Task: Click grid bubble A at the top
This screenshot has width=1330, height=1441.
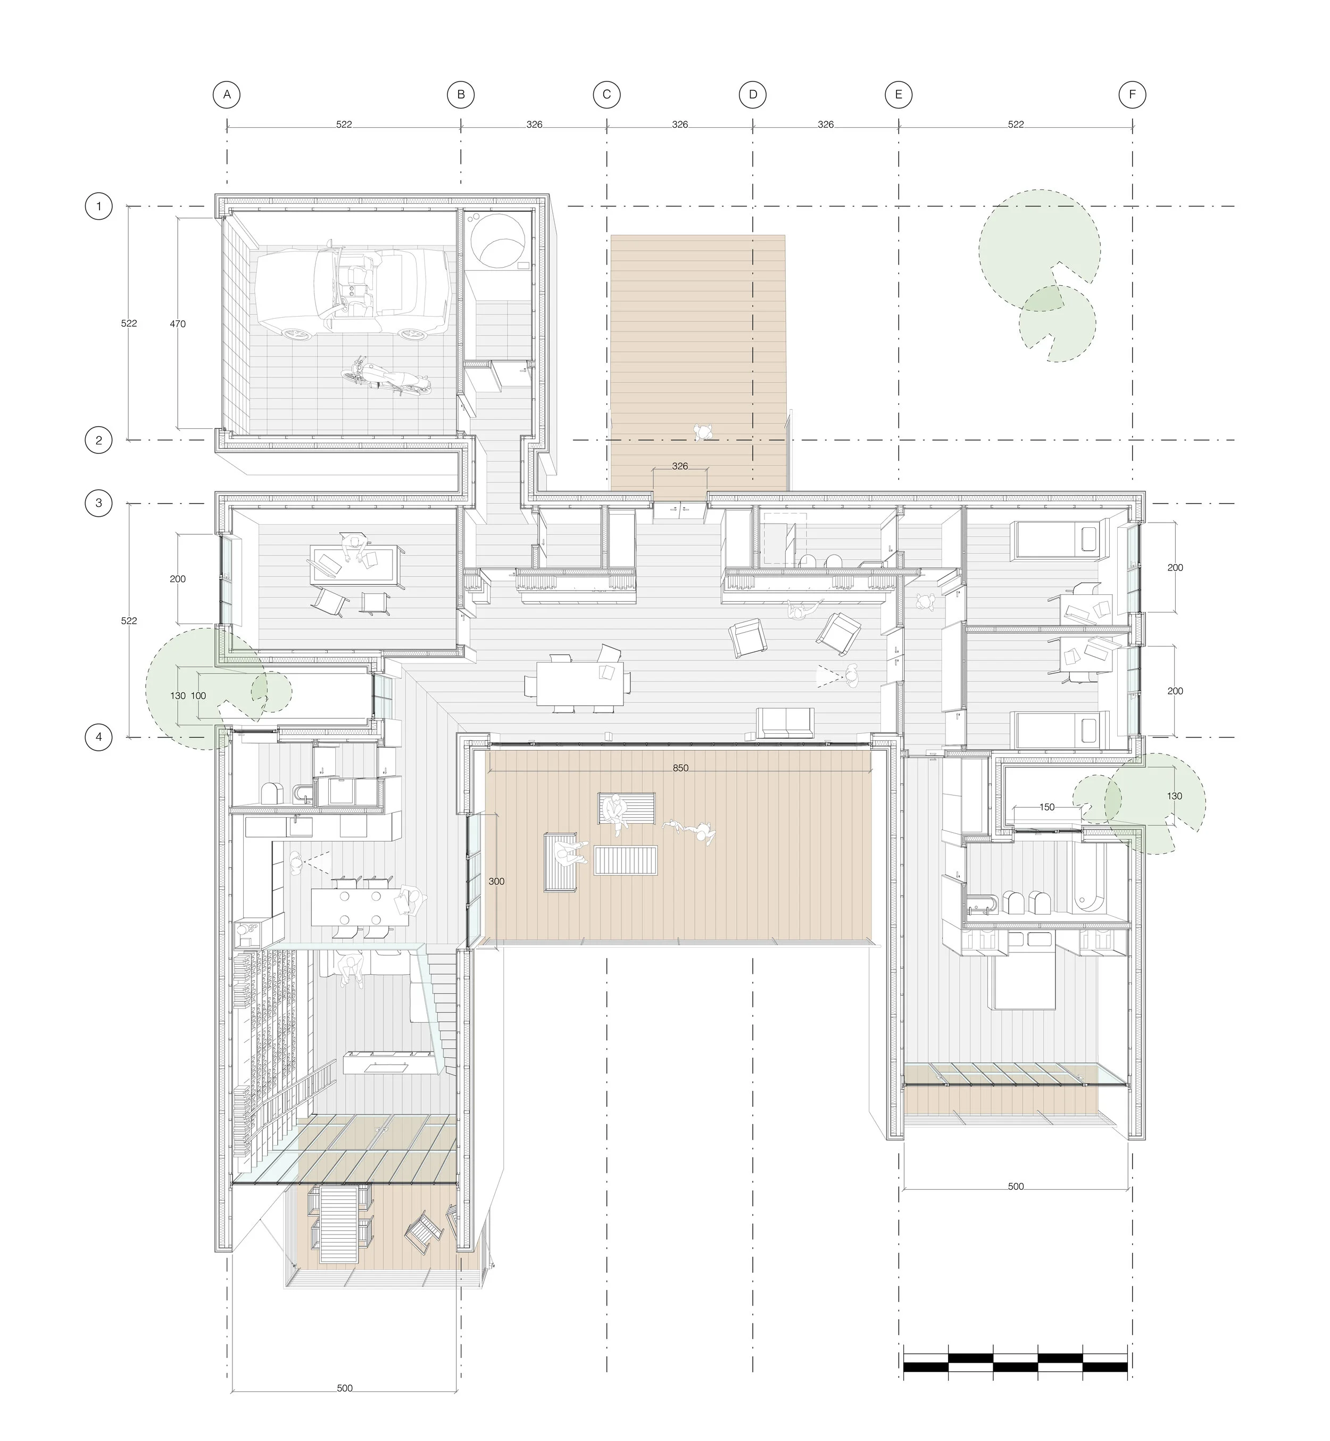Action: [227, 94]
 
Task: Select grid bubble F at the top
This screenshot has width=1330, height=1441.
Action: [1132, 94]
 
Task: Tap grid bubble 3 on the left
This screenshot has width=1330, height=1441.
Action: [98, 503]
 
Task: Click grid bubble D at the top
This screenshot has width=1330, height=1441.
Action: [753, 94]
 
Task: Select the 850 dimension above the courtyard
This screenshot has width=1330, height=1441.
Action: [680, 768]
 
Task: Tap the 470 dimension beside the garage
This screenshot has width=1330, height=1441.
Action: [178, 324]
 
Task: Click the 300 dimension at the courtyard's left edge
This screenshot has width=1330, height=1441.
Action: [496, 881]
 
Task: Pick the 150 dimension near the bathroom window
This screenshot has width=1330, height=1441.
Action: [1046, 807]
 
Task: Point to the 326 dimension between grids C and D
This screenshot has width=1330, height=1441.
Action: [679, 125]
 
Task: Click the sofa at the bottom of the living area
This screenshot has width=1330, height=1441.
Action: [785, 722]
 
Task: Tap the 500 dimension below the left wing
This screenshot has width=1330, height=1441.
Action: [344, 1388]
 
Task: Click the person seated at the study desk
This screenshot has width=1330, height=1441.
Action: [353, 545]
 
